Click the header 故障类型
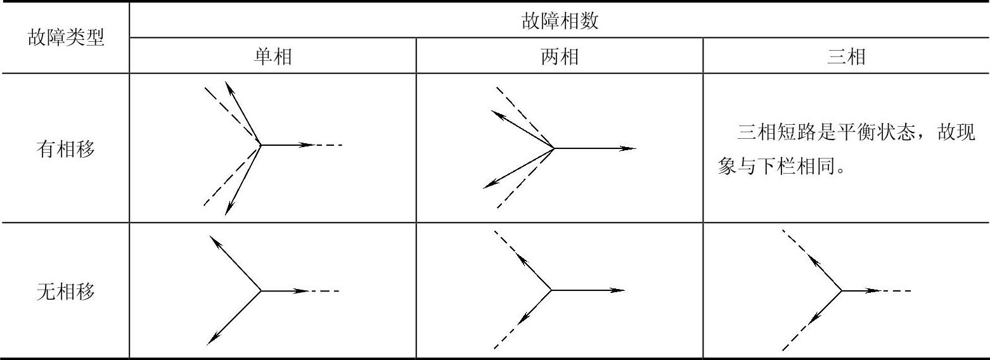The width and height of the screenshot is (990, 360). [x=65, y=38]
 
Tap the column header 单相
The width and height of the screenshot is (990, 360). [x=273, y=57]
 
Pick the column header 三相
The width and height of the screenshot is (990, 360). [x=846, y=57]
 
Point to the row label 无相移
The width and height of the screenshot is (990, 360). [x=65, y=292]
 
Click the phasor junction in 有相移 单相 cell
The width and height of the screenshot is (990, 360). [x=261, y=145]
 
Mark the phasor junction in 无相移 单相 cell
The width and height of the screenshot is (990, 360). [x=261, y=291]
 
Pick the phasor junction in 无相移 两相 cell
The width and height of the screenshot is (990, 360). [x=551, y=291]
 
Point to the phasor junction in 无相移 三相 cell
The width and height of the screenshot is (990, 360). [x=841, y=291]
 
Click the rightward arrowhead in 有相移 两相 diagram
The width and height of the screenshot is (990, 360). [x=628, y=148]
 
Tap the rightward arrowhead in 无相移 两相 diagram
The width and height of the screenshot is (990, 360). [x=618, y=291]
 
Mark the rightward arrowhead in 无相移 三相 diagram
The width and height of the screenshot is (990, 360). [x=873, y=291]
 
